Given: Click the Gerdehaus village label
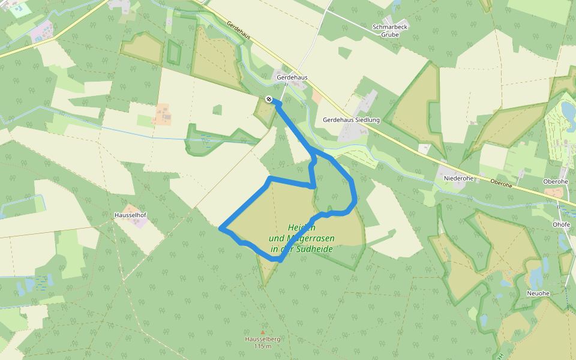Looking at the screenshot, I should [292, 77].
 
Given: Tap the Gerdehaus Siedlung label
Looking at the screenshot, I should [351, 120].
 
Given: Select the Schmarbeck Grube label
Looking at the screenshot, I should [385, 31].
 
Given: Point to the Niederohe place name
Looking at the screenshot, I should [458, 178].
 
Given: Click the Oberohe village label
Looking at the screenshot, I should [555, 181].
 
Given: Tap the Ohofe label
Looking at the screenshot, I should [561, 224].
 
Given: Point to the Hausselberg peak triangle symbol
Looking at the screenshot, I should [262, 332].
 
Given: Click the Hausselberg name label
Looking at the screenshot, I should [263, 339].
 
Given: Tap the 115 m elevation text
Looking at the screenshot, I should [263, 346].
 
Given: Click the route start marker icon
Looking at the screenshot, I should [269, 98].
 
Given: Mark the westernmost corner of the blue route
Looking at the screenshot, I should [221, 229].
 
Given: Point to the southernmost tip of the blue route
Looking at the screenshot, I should [280, 260].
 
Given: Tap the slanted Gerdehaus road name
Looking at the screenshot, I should [239, 34].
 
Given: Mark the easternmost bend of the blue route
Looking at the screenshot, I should [355, 195].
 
